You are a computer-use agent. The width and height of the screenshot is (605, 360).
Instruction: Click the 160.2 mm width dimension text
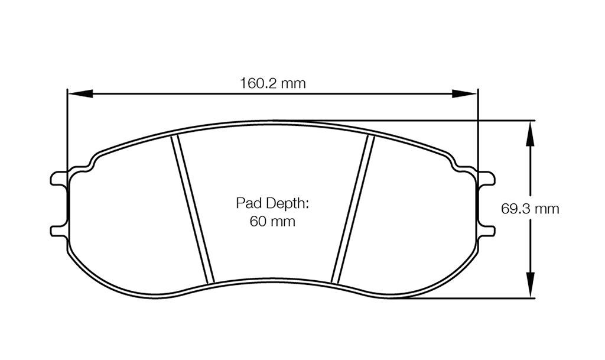pos(272,83)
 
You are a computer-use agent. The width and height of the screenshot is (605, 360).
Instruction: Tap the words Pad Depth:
pos(272,204)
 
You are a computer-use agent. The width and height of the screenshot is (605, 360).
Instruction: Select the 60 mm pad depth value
pos(272,222)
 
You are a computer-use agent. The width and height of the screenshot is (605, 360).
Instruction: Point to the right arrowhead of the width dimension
pos(466,93)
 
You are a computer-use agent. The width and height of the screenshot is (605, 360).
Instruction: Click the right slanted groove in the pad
pos(353,208)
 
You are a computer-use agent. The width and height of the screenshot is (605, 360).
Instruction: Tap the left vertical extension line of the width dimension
pos(67,130)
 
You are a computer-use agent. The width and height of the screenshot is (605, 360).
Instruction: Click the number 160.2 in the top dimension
pos(258,83)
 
